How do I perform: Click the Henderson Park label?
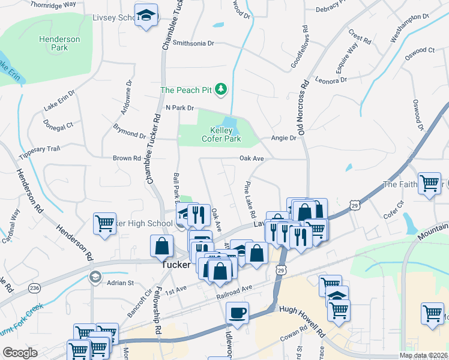(x=59, y=43)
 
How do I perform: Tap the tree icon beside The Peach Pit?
(x=221, y=90)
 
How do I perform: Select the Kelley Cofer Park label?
(x=225, y=134)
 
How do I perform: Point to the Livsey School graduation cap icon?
(x=145, y=16)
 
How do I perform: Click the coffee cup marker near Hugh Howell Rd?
(x=237, y=313)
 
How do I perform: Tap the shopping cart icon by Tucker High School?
(x=104, y=224)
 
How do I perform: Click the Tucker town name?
(x=176, y=265)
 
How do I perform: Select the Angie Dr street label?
(x=284, y=138)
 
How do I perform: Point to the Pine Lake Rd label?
(x=250, y=199)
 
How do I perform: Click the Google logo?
(x=20, y=353)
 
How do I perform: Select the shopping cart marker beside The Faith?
(x=430, y=183)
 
